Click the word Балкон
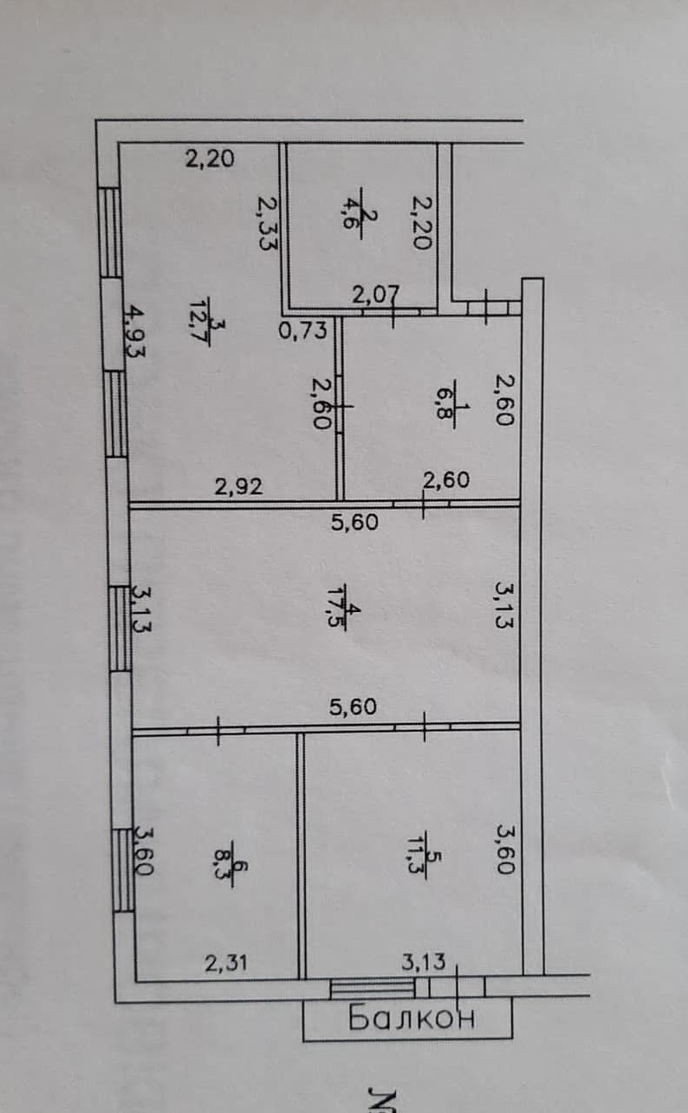tap(412, 1018)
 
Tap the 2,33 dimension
tap(269, 222)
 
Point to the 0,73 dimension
tap(302, 329)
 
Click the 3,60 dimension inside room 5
tap(505, 849)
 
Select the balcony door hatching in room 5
tap(373, 988)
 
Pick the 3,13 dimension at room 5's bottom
tap(422, 960)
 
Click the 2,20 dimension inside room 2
tap(420, 222)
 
